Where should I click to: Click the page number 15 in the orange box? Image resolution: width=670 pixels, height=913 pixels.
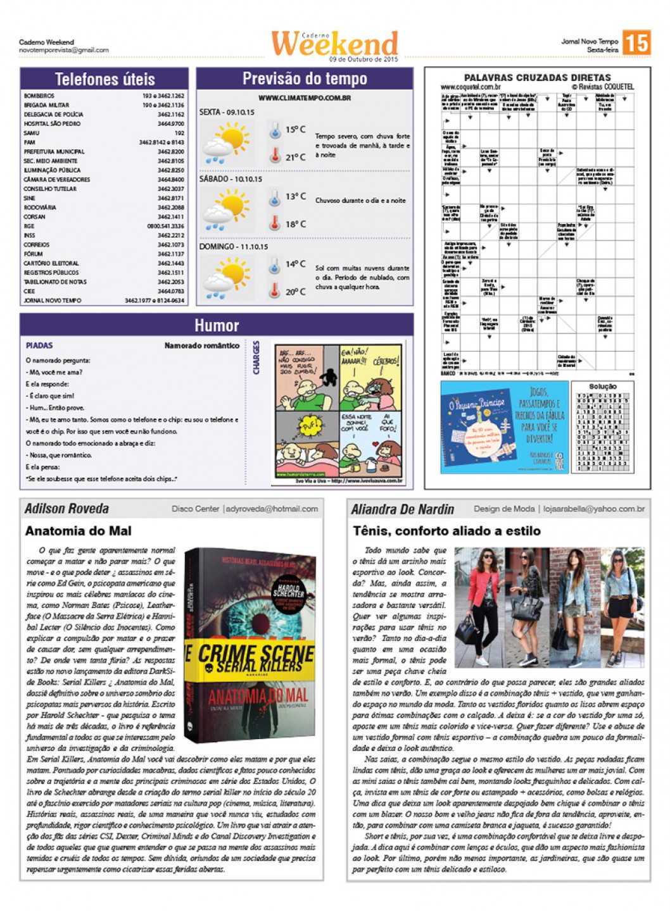click(636, 43)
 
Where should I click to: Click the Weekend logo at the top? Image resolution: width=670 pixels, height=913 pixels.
click(334, 43)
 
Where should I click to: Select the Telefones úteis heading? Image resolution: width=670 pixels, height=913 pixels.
click(104, 79)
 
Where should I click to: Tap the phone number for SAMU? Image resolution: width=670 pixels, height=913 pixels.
click(179, 134)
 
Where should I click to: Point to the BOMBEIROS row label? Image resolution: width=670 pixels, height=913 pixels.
click(39, 96)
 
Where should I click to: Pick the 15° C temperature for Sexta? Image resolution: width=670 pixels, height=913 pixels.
click(295, 130)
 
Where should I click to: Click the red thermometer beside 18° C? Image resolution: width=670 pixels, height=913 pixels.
click(275, 223)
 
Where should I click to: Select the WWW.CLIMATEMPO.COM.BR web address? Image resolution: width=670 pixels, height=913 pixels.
click(305, 98)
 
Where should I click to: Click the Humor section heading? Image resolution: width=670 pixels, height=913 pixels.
click(217, 325)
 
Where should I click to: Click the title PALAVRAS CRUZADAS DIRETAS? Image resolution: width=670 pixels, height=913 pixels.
click(537, 78)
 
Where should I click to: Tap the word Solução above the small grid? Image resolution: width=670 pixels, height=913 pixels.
click(602, 386)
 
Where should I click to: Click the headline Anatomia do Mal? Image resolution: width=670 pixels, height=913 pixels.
click(79, 531)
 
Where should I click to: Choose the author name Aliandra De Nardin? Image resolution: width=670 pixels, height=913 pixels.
click(403, 509)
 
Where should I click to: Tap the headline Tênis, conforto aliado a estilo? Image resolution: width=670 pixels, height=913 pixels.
click(446, 531)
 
